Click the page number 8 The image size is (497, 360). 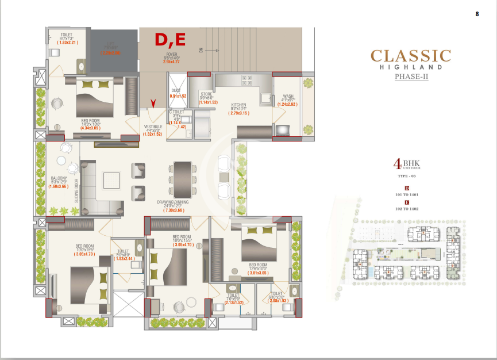pyautogui.click(x=477, y=13)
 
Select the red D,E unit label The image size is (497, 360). pyautogui.click(x=170, y=40)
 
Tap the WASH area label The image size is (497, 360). pyautogui.click(x=288, y=96)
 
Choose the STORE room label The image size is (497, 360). pyautogui.click(x=206, y=93)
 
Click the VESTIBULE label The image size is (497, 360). pyautogui.click(x=153, y=126)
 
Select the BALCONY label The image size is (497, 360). pyautogui.click(x=57, y=179)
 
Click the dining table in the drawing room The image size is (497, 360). pyautogui.click(x=182, y=178)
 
